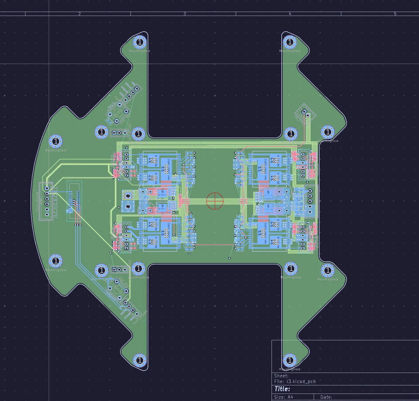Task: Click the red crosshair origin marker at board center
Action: click(215, 201)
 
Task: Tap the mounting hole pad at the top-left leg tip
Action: click(139, 42)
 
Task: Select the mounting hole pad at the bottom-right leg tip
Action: click(290, 360)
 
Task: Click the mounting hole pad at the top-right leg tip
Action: click(290, 42)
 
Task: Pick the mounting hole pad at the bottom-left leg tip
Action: click(139, 360)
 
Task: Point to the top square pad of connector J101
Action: click(47, 188)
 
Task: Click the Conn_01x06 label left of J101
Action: click(37, 201)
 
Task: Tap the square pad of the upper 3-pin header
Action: click(114, 133)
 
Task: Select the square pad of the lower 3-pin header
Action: click(114, 269)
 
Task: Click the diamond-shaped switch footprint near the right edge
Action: click(305, 113)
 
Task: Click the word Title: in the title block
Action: click(282, 389)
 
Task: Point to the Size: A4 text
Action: click(283, 397)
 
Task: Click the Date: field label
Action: click(326, 397)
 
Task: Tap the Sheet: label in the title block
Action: click(281, 376)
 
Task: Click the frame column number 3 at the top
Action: click(185, 14)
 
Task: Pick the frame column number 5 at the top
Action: click(395, 14)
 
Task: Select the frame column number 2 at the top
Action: click(79, 14)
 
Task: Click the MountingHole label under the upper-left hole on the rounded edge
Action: click(56, 150)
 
